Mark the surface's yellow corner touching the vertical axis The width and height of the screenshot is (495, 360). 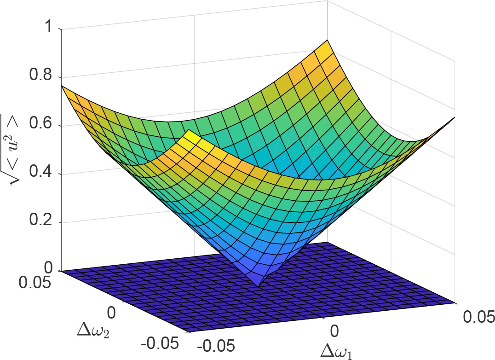62,86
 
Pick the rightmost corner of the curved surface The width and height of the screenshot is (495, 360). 455,117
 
